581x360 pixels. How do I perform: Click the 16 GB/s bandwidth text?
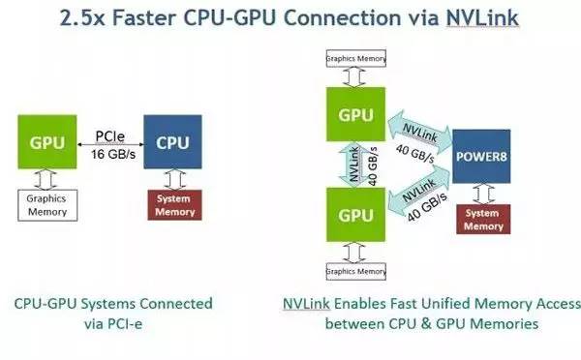[x=111, y=155]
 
